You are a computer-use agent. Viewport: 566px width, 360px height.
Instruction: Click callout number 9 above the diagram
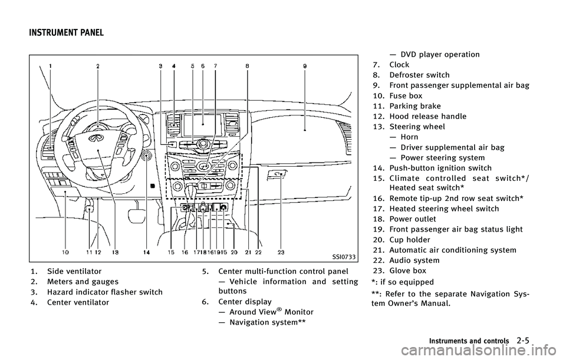click(x=304, y=67)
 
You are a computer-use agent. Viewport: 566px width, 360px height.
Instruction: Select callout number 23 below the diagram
click(x=281, y=252)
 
